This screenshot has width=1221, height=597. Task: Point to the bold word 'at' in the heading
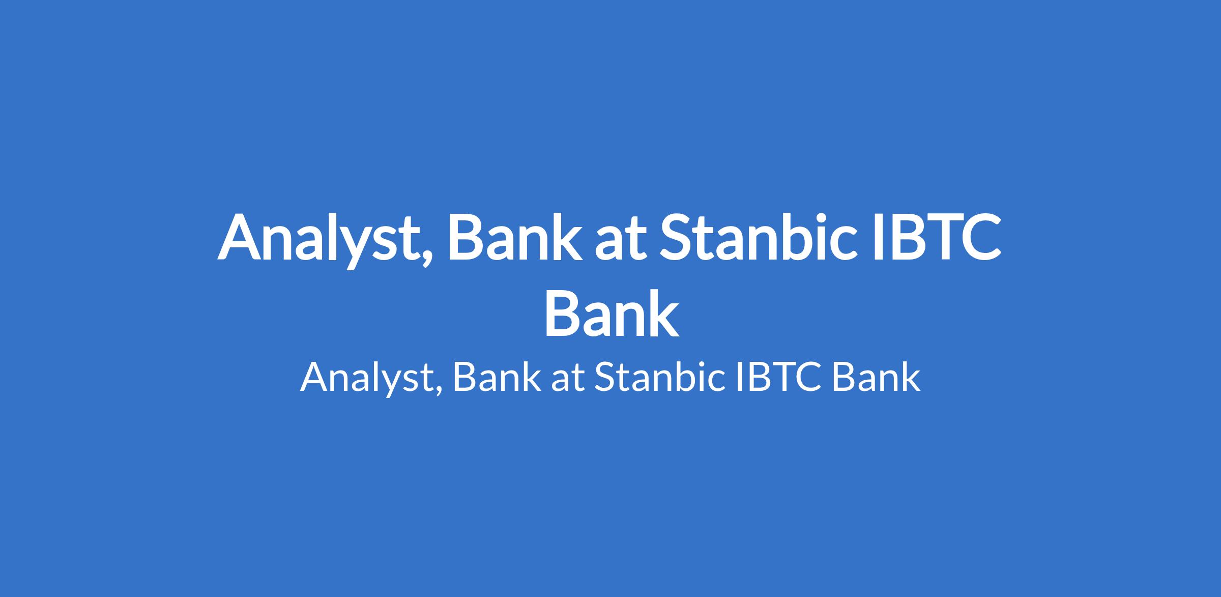point(617,240)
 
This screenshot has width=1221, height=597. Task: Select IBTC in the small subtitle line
point(778,377)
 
